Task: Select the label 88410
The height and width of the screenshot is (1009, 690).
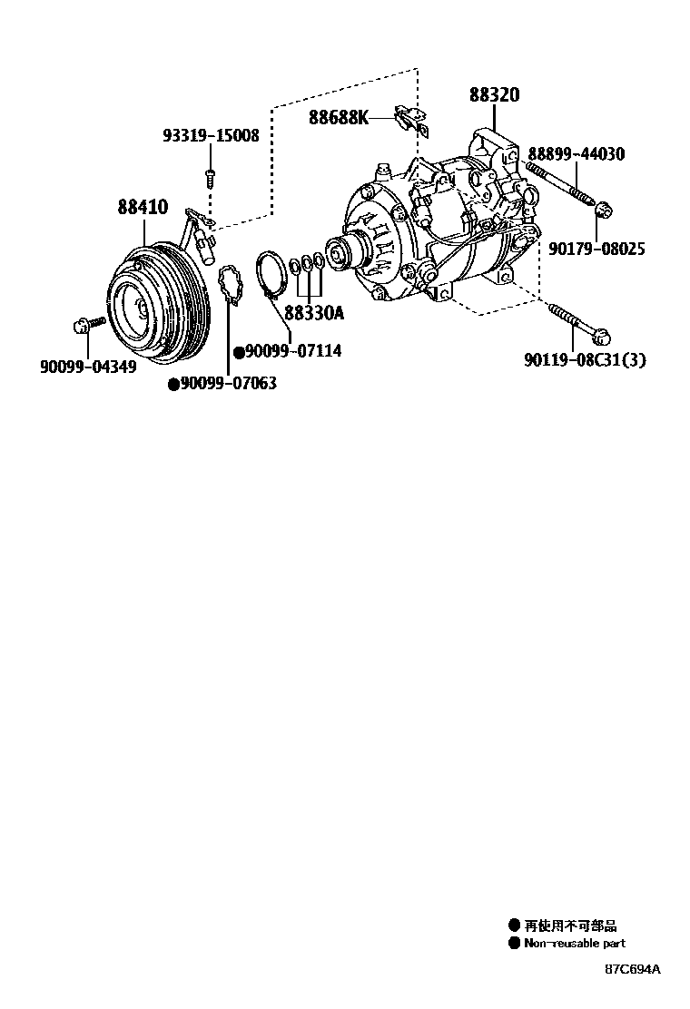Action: [x=142, y=207]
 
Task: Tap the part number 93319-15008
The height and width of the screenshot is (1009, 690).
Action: [x=211, y=136]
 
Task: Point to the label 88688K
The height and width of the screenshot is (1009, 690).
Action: [x=339, y=117]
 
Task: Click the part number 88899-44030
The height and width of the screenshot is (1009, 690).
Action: [x=576, y=154]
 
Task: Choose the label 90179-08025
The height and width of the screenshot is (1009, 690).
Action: [x=596, y=248]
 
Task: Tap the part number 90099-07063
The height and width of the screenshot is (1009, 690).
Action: [x=227, y=384]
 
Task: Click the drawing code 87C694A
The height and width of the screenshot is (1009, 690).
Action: [x=633, y=969]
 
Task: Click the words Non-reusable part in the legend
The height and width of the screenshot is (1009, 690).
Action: [x=575, y=944]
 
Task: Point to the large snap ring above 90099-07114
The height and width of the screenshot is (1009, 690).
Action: [x=270, y=273]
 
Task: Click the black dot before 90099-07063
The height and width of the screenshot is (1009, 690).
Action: [x=172, y=385]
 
